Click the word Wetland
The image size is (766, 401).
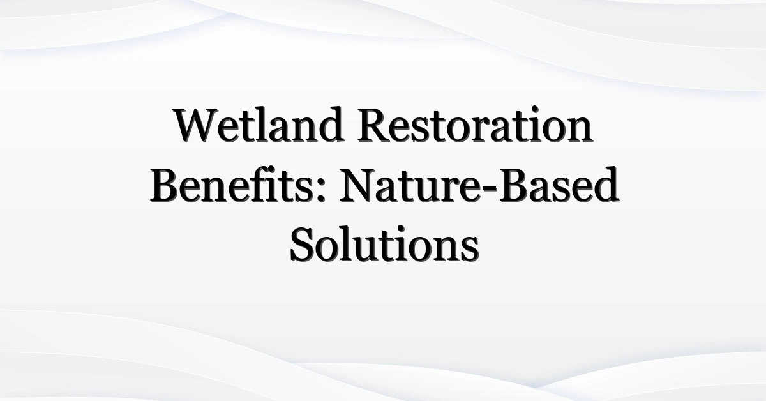pos(259,125)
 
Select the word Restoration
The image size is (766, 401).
pos(476,125)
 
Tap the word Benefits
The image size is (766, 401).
pos(231,184)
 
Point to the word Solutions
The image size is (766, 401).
pos(384,244)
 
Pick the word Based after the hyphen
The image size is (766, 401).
pos(559,184)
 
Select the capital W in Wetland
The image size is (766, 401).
pos(195,125)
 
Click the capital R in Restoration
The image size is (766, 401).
pos(375,125)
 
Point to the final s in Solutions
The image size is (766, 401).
pos(470,250)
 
